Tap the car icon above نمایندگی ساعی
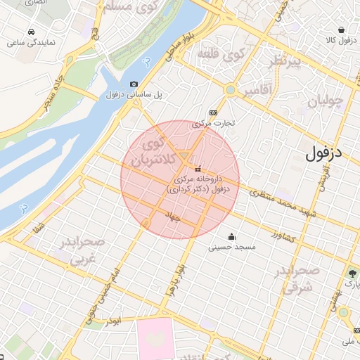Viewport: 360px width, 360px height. (x=32, y=32)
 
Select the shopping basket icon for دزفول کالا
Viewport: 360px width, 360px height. (x=341, y=30)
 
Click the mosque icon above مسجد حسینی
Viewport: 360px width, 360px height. (x=232, y=236)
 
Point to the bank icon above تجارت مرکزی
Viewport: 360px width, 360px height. (x=214, y=112)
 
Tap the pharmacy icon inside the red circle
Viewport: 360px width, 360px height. (x=198, y=169)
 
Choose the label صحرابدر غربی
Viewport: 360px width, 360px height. (x=82, y=251)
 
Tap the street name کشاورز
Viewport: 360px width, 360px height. (x=285, y=237)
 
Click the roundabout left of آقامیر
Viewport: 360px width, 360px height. (x=230, y=90)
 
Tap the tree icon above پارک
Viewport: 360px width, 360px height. (x=352, y=274)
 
